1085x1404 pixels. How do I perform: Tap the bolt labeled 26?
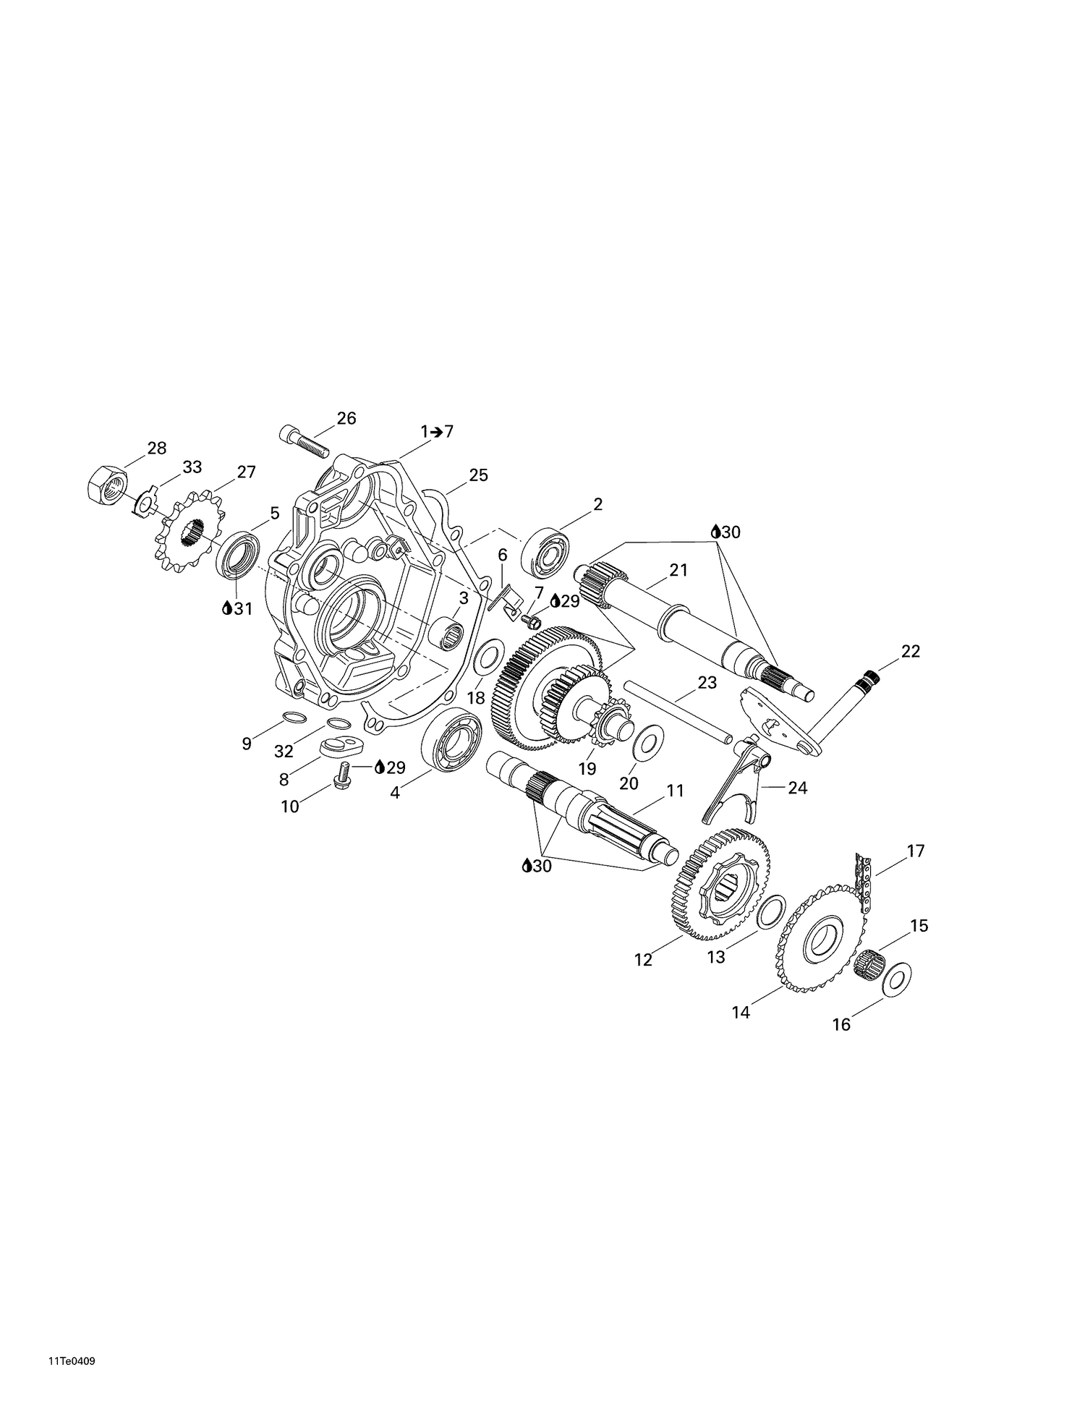tap(304, 442)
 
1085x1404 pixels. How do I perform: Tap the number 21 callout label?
tap(678, 570)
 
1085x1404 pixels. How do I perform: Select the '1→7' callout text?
tap(437, 432)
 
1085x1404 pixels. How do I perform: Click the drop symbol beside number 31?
tap(227, 609)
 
